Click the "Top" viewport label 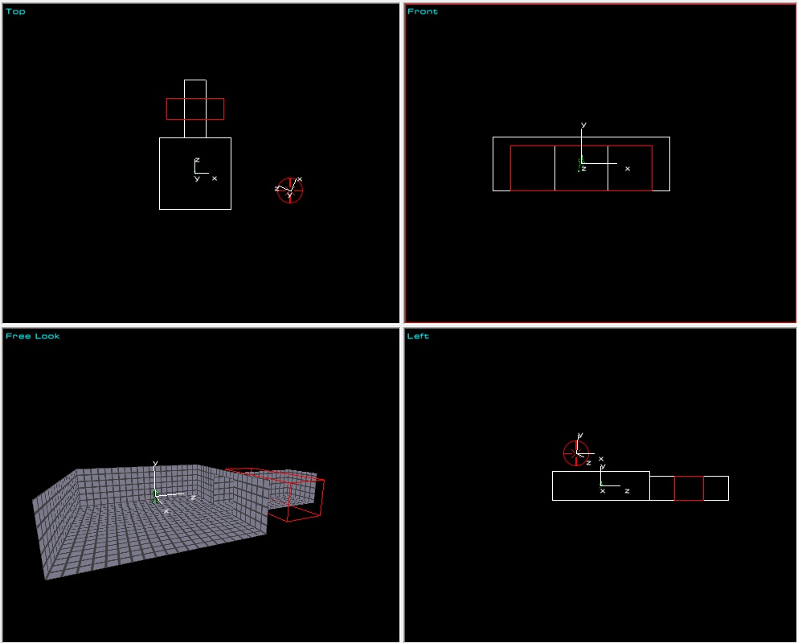tap(15, 11)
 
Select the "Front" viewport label tap(423, 11)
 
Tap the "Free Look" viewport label tap(33, 336)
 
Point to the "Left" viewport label tap(418, 336)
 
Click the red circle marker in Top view tap(290, 178)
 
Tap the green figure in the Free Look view tap(155, 497)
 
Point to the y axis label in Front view tap(583, 125)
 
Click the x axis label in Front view tap(628, 169)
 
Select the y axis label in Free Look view tap(155, 463)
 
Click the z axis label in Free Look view tap(193, 498)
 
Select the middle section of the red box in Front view tap(581, 146)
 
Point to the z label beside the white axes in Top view tap(197, 160)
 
